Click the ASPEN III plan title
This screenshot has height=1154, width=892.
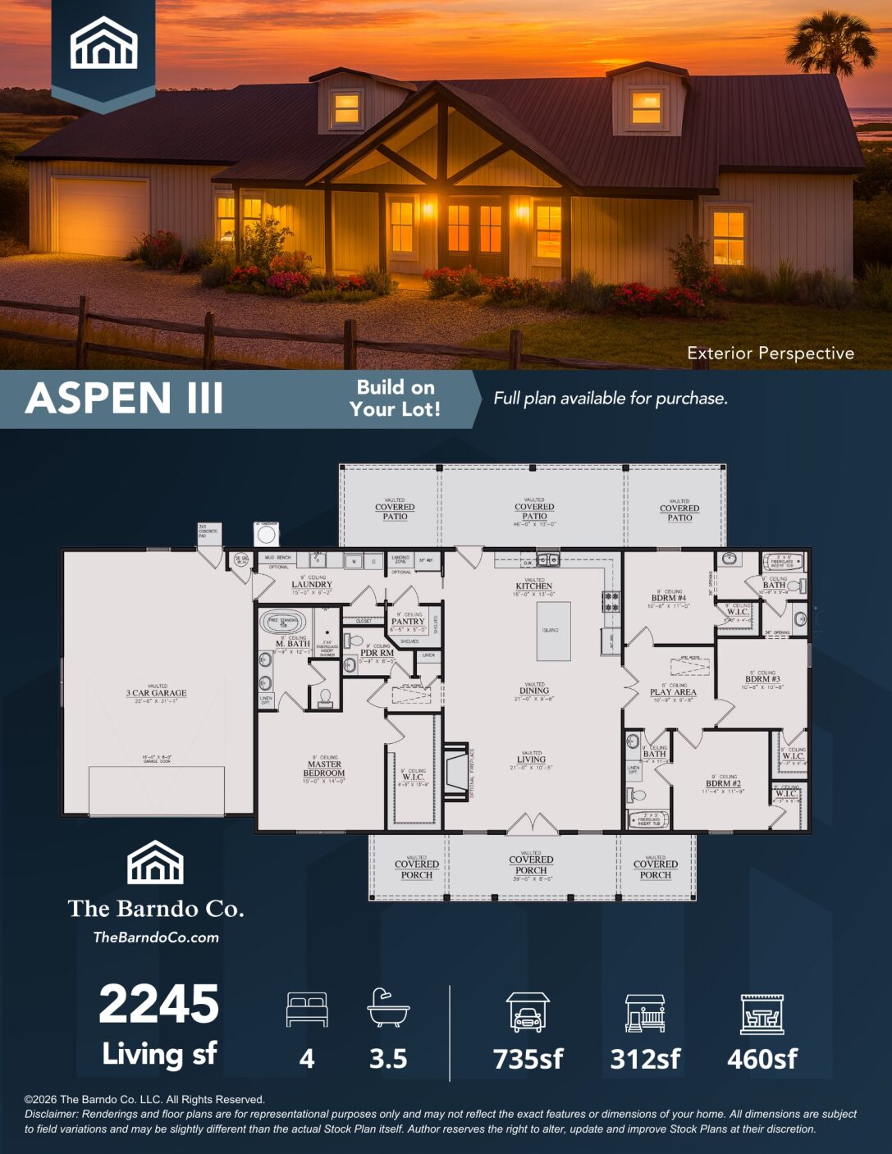[124, 399]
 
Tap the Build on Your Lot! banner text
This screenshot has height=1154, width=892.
[395, 399]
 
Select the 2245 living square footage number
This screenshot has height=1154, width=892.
[159, 1005]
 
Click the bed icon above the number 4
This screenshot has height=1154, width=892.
[307, 1009]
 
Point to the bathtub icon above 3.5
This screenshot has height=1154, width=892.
[387, 1007]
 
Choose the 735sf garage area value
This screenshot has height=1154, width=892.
[528, 1059]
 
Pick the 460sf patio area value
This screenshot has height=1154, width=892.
[762, 1059]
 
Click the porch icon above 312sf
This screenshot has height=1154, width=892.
[645, 1013]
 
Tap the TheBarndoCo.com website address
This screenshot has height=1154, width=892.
[156, 937]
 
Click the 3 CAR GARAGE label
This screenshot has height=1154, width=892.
[156, 693]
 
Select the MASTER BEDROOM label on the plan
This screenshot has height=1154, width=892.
[324, 769]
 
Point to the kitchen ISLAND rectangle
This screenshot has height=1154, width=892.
[553, 631]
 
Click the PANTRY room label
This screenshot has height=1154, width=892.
[408, 622]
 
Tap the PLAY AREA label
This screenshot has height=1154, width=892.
[673, 692]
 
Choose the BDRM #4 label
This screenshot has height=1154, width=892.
[669, 598]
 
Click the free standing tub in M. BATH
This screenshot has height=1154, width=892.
[283, 622]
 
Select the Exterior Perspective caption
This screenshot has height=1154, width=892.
[770, 353]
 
